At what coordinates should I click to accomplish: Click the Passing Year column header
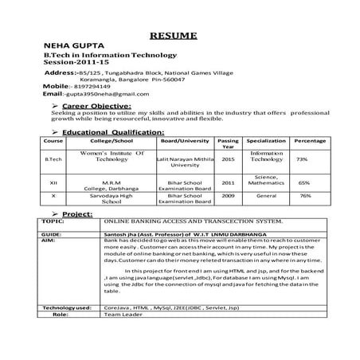[229, 143]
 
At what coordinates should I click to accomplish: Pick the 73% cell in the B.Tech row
[302, 159]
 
